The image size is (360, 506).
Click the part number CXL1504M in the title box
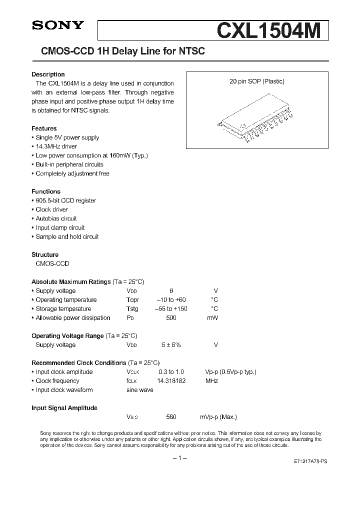click(x=272, y=30)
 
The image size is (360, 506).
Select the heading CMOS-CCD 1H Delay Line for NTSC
click(x=119, y=51)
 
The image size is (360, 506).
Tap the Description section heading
click(x=48, y=74)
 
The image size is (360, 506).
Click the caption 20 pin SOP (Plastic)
click(x=257, y=81)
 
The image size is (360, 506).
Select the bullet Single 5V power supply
click(x=67, y=137)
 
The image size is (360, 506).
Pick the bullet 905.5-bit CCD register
click(x=65, y=200)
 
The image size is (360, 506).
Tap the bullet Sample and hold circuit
click(x=67, y=236)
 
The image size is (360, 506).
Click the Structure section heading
click(x=45, y=254)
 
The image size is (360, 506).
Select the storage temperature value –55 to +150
click(x=171, y=309)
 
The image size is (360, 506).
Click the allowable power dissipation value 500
click(x=171, y=318)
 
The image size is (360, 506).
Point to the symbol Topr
click(x=133, y=300)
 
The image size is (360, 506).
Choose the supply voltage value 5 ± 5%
click(x=171, y=345)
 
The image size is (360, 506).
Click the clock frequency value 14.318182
click(x=171, y=381)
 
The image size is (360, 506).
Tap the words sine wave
click(x=140, y=390)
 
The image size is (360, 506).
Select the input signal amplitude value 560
click(x=171, y=417)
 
